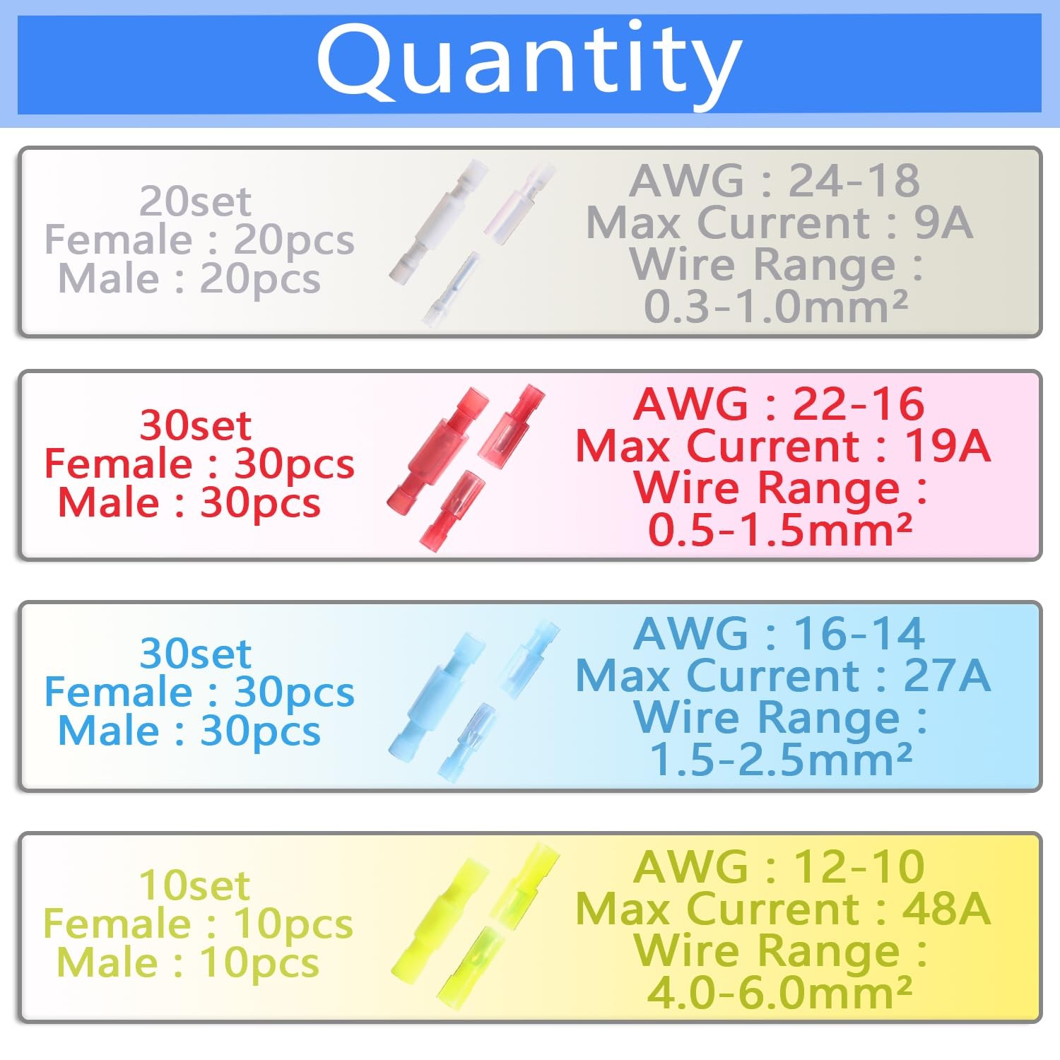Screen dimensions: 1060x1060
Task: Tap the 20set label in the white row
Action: pyautogui.click(x=195, y=201)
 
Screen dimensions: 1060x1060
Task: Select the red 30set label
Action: pyautogui.click(x=195, y=425)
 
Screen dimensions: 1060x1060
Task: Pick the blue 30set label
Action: pyautogui.click(x=195, y=654)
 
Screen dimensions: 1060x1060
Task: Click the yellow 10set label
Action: pyautogui.click(x=194, y=885)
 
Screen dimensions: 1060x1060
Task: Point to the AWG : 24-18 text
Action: pyautogui.click(x=775, y=181)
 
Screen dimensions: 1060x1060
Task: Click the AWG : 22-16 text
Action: pyautogui.click(x=779, y=404)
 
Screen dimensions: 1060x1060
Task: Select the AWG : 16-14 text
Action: pyautogui.click(x=779, y=633)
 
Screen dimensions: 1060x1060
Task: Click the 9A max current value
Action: pyautogui.click(x=943, y=223)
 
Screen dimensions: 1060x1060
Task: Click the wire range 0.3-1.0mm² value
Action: pyautogui.click(x=776, y=307)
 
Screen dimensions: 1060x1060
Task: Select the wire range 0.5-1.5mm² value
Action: pyautogui.click(x=780, y=530)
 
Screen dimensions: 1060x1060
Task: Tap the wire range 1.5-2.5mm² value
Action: pyautogui.click(x=780, y=760)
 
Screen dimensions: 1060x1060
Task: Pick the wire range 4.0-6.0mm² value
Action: pyautogui.click(x=779, y=993)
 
